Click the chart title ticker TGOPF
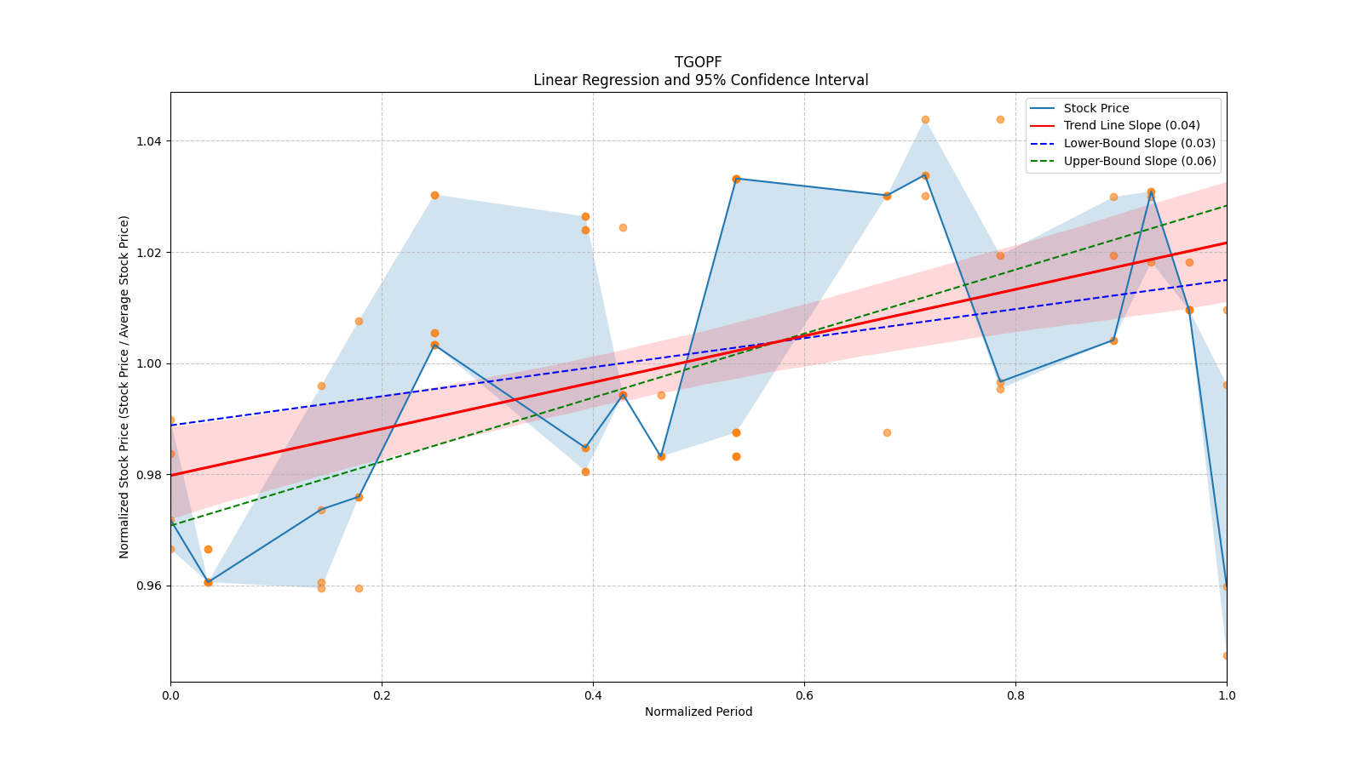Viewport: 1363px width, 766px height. coord(698,62)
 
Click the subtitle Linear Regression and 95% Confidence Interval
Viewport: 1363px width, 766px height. coord(700,80)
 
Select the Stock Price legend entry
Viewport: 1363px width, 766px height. coord(1096,108)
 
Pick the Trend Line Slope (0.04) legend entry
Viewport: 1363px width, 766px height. coord(1131,125)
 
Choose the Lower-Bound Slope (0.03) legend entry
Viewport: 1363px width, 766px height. coord(1139,143)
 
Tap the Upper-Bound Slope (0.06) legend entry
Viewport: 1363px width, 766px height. coord(1139,161)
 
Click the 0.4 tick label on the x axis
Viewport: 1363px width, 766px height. coord(593,695)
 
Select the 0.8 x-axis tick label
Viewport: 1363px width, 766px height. coord(1015,695)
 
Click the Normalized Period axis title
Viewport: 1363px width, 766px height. coord(699,712)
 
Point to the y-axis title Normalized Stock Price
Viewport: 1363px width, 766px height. coord(124,386)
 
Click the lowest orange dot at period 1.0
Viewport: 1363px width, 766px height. coord(1226,655)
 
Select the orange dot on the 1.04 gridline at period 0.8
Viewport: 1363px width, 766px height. coord(1000,119)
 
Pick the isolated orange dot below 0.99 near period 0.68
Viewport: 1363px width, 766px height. coord(887,432)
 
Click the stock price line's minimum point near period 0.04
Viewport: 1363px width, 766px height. coord(208,582)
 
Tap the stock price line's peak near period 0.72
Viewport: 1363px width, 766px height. coord(925,175)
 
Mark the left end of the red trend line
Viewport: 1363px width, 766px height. coord(171,475)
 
